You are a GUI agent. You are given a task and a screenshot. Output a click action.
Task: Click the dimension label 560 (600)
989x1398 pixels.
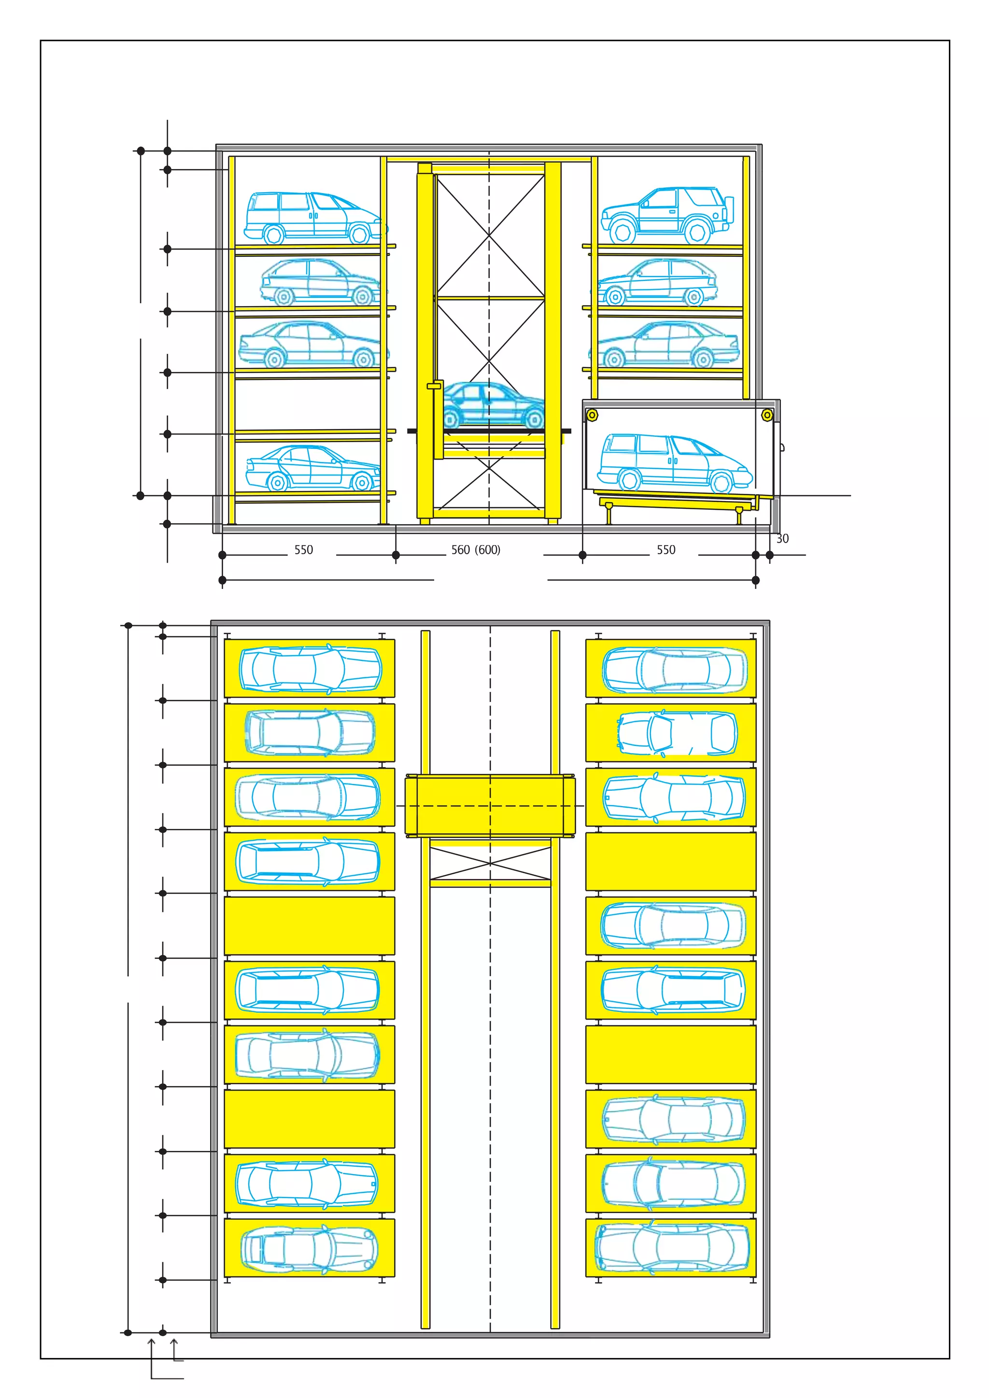pos(476,550)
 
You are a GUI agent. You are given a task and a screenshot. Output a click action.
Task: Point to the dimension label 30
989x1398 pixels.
pos(782,539)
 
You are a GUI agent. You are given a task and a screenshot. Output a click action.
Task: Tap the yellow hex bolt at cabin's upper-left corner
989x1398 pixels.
pos(592,415)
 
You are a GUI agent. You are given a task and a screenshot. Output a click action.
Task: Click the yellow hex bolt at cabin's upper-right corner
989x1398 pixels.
pos(767,415)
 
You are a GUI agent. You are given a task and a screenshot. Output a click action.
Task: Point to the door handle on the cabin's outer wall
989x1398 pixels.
pos(782,447)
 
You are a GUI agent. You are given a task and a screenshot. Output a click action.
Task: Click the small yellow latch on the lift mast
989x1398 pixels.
pos(434,385)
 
